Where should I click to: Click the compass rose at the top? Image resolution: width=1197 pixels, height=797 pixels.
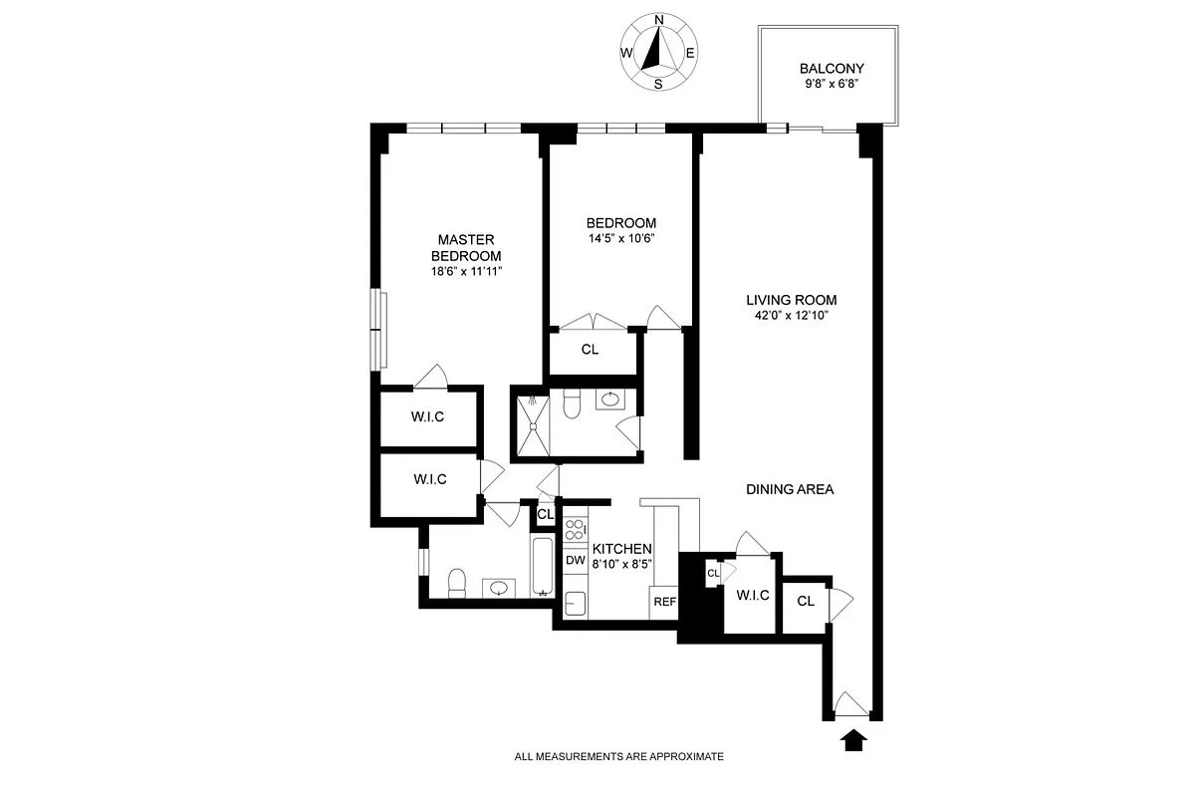658,52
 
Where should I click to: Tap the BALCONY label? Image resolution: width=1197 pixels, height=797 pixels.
832,69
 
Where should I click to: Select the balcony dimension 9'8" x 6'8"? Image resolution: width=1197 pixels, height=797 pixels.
832,85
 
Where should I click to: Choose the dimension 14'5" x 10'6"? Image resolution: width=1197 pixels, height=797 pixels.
621,238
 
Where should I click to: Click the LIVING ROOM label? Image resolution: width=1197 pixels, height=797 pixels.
793,300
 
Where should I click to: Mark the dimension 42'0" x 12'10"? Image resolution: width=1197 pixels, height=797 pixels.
793,316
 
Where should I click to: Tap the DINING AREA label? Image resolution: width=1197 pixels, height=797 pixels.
790,489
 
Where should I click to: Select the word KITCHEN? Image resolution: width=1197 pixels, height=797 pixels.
622,549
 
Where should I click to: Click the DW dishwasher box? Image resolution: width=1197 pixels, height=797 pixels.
575,561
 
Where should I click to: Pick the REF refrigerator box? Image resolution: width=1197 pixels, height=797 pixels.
664,602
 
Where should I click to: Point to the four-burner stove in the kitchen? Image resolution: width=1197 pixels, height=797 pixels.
576,530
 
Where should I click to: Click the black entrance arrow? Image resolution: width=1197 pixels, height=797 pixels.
853,740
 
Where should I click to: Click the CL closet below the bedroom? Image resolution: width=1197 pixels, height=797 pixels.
590,350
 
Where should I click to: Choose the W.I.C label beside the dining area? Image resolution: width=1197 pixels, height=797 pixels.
753,596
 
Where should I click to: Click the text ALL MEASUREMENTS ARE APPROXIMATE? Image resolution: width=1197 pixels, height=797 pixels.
618,757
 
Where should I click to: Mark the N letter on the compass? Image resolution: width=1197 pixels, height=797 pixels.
658,20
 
